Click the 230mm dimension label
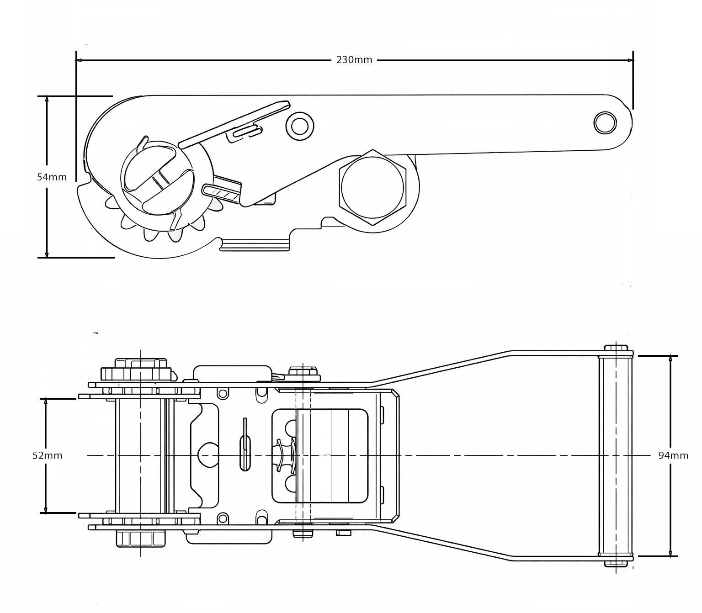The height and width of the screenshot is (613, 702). tap(354, 60)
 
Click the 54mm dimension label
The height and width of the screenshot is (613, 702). tap(52, 177)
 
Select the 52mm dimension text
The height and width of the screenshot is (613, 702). tap(47, 455)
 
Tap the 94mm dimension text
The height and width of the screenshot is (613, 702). tap(673, 455)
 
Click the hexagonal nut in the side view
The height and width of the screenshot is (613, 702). tap(372, 187)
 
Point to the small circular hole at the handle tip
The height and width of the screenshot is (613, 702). tap(605, 122)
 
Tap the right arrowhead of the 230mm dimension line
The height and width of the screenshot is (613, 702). tap(630, 60)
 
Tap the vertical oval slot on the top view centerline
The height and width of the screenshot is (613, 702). tap(245, 454)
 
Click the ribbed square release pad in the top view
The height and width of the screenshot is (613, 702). tap(332, 455)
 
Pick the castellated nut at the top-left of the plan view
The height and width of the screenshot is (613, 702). tap(136, 371)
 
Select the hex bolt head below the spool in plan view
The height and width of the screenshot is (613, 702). tap(140, 539)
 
